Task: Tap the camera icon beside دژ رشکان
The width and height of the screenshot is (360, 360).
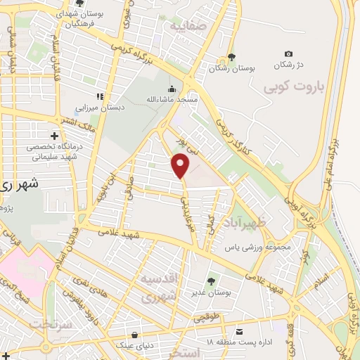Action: click(x=288, y=54)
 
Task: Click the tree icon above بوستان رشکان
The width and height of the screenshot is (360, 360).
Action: click(x=231, y=58)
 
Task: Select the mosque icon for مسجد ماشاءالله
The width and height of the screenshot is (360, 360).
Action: click(x=172, y=89)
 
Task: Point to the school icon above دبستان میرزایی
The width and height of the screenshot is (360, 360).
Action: click(x=100, y=96)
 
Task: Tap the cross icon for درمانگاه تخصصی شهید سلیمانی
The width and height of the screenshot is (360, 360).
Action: click(x=54, y=135)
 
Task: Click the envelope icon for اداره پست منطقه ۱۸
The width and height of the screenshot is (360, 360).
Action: click(x=240, y=331)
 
